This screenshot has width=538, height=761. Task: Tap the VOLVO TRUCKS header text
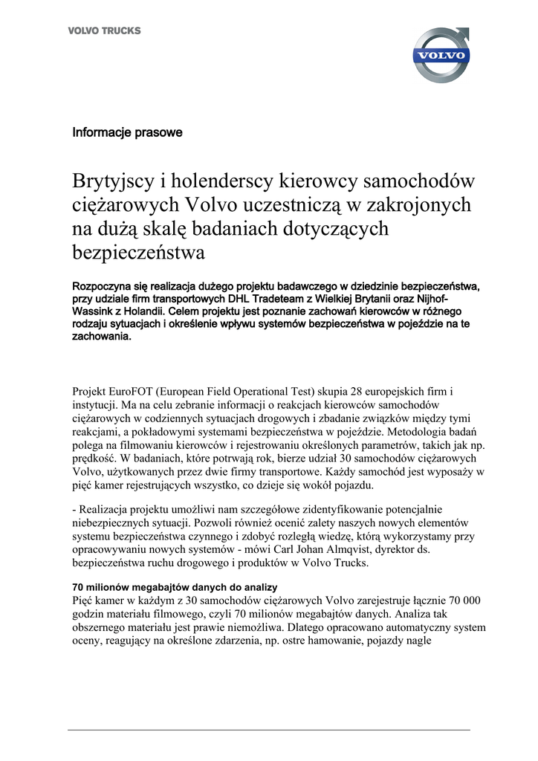[x=104, y=31]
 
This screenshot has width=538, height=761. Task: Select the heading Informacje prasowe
[x=127, y=132]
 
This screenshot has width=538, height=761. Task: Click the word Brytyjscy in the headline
[x=115, y=181]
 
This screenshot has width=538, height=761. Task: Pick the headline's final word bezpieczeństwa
[x=138, y=253]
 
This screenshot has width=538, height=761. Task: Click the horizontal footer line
[x=269, y=730]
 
